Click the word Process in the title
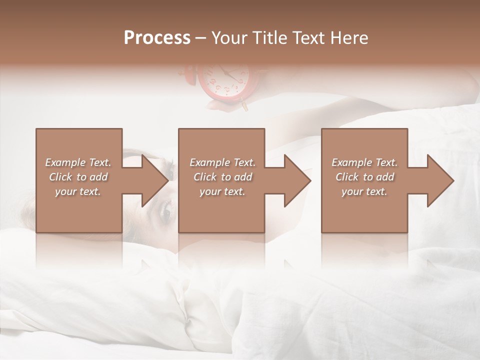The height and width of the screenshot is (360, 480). coord(157,38)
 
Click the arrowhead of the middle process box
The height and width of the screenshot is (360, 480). coord(296,180)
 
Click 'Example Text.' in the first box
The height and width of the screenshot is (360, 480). coord(78,162)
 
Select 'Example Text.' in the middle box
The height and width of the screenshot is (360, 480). coord(222,162)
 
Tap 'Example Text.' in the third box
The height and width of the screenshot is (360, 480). coord(364,162)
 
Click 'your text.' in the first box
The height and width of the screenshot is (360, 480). coord(78,191)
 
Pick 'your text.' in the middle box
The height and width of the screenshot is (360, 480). coord(222,191)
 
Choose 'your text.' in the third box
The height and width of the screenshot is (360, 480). coord(364,191)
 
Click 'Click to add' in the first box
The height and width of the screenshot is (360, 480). coord(78,177)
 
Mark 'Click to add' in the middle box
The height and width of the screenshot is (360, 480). coord(222,177)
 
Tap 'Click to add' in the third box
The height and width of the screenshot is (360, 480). coord(364,177)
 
